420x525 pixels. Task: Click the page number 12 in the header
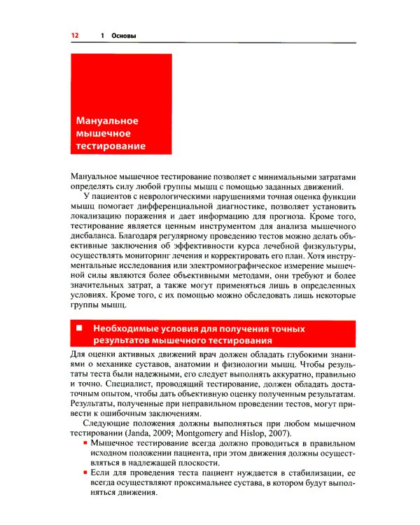(74, 35)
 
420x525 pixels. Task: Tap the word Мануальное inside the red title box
(107, 121)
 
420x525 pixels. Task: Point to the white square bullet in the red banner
(79, 328)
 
